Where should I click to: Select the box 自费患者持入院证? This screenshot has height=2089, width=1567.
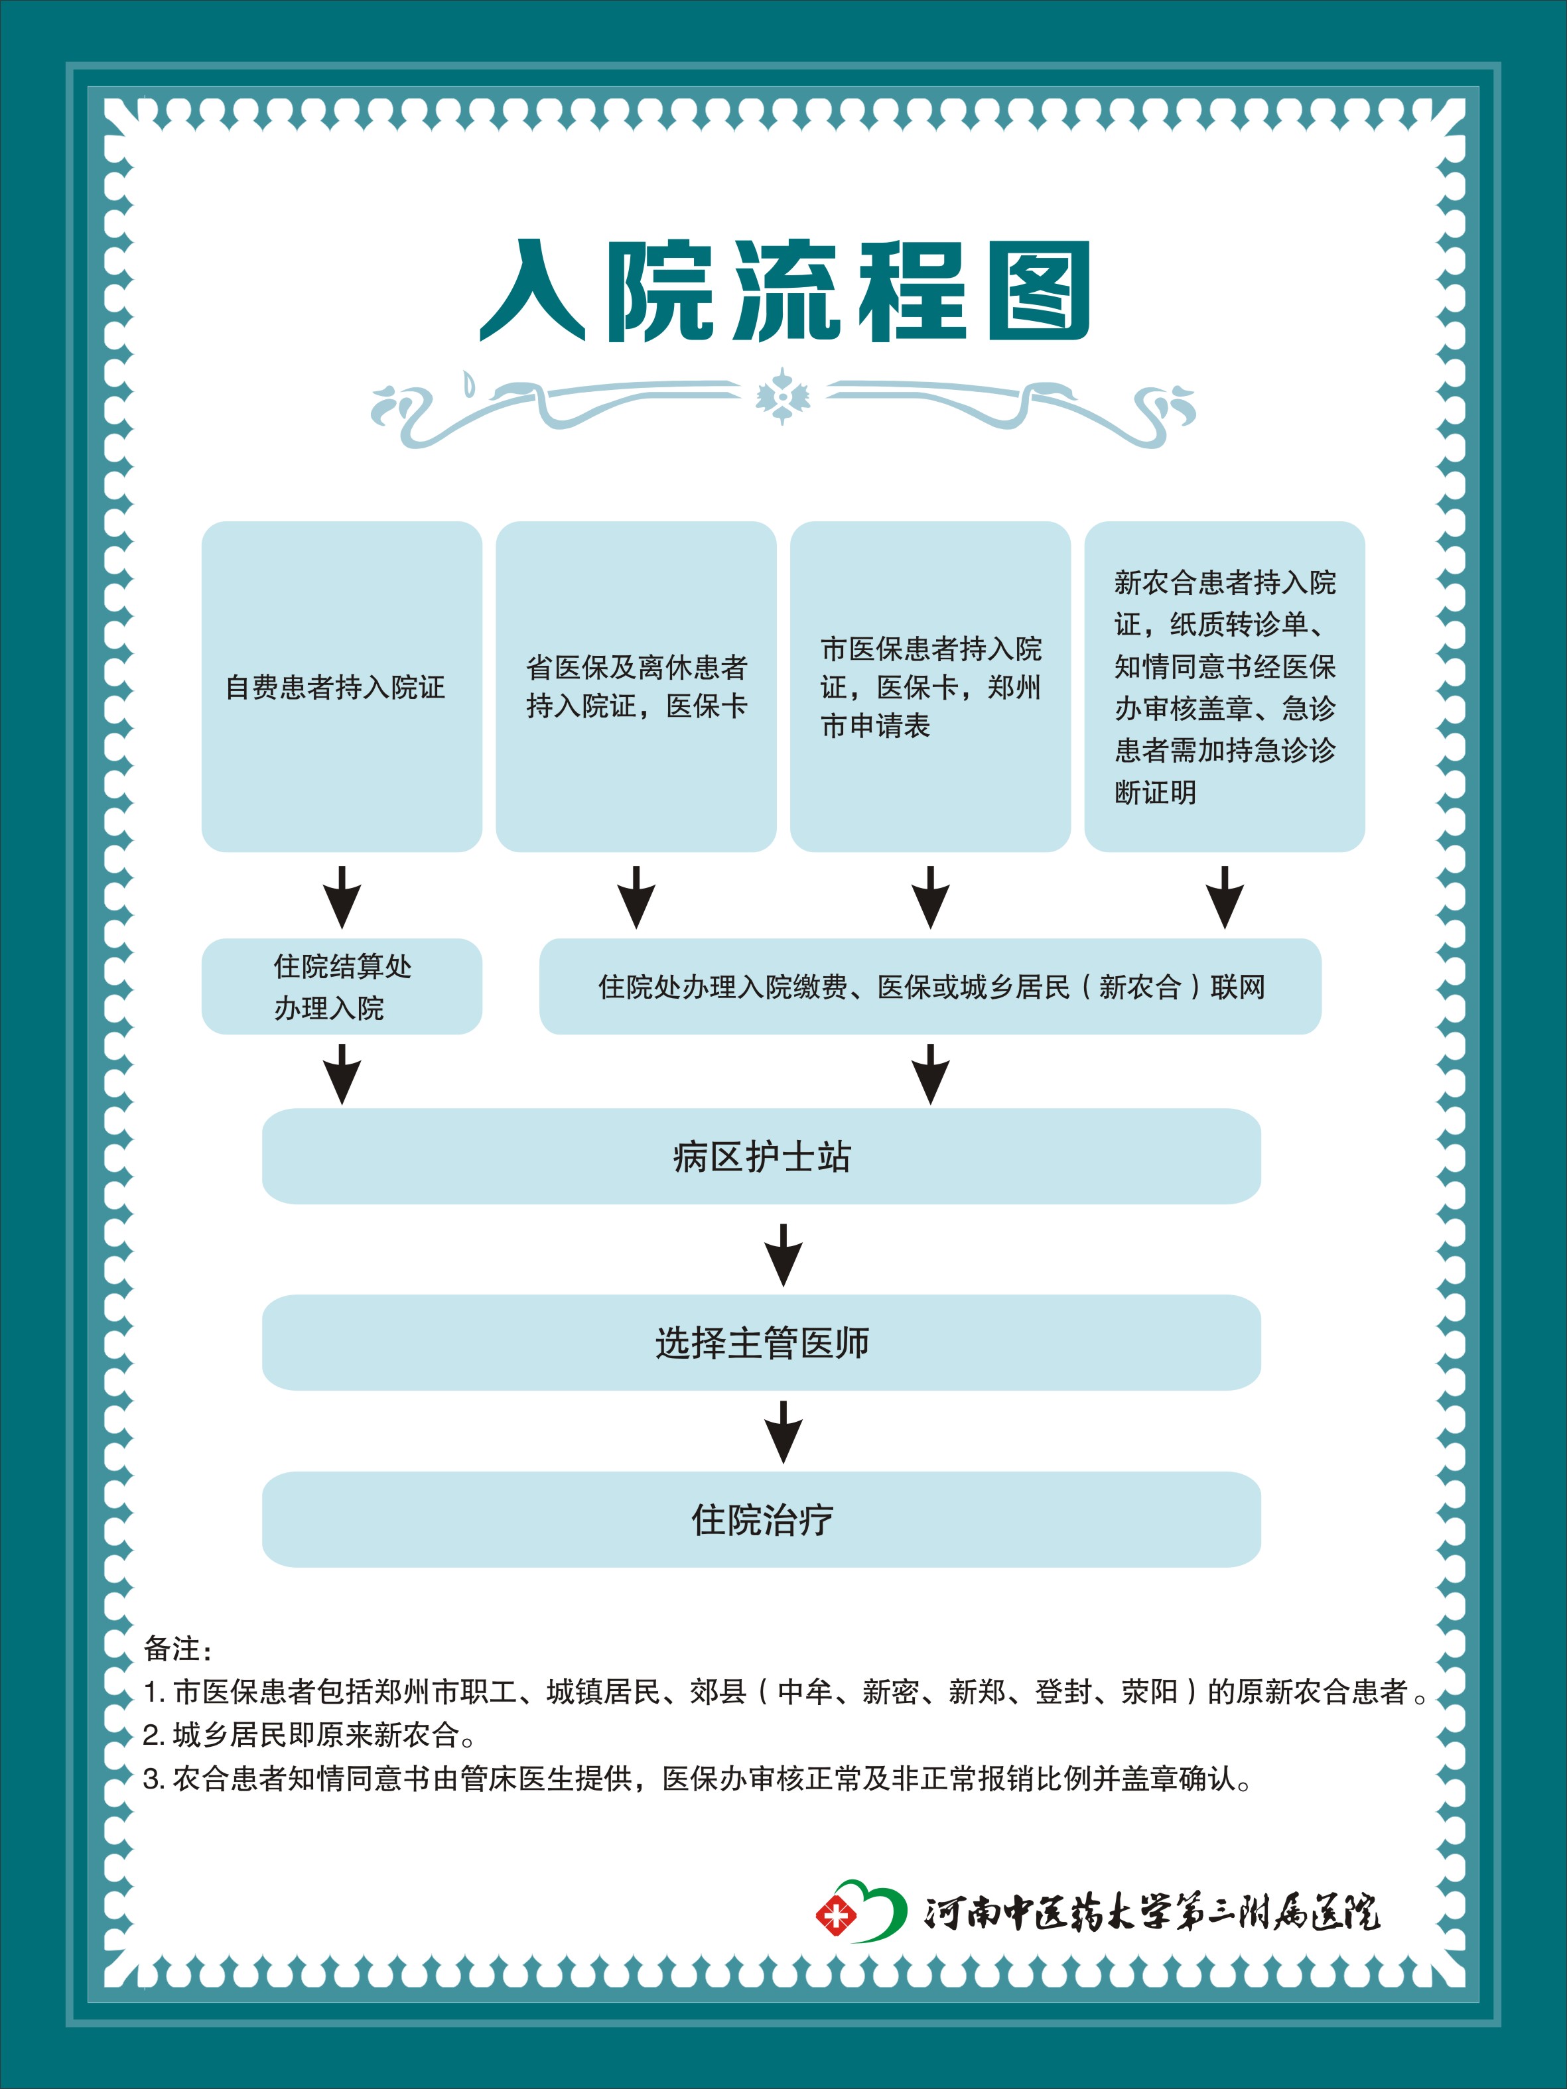342,686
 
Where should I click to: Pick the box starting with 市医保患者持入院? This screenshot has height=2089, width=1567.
930,686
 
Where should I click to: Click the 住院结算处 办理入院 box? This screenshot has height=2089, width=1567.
342,986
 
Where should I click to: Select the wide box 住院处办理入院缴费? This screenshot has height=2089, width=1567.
930,986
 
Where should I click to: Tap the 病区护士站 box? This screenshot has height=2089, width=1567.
762,1156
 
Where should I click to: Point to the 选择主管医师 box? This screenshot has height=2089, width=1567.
762,1342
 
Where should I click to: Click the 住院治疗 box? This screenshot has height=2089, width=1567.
762,1519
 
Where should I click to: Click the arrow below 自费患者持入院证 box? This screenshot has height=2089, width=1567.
342,897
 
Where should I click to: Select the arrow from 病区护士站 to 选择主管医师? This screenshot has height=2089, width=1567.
783,1255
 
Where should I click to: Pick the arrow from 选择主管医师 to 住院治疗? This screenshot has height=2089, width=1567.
783,1432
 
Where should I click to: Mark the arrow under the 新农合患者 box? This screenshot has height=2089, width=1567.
1225,897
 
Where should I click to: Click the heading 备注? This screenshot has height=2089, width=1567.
178,1649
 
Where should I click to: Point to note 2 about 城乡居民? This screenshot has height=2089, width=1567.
309,1735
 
